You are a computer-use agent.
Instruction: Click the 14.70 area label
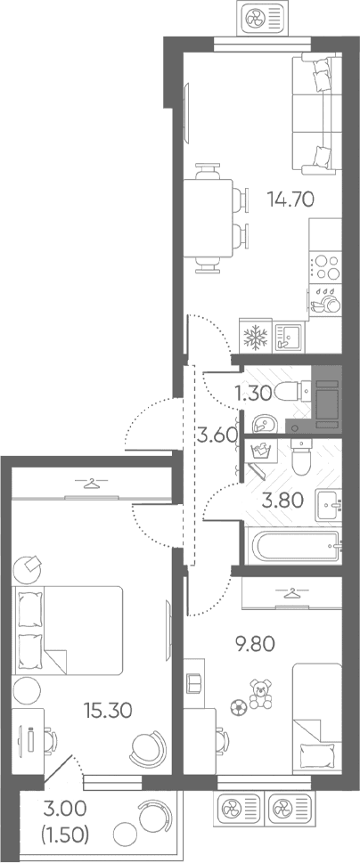(290, 198)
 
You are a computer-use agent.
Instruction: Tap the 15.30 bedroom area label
(108, 711)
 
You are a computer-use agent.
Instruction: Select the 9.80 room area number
(253, 644)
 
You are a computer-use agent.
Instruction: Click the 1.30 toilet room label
(253, 393)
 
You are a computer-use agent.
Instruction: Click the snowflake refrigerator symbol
(255, 337)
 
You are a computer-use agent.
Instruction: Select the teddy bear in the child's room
(260, 694)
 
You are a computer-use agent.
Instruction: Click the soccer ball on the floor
(237, 706)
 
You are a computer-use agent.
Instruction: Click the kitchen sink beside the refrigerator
(287, 336)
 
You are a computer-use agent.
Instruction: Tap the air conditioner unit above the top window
(262, 17)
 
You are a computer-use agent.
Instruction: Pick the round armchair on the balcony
(151, 815)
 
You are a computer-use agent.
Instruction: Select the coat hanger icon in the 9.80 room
(290, 593)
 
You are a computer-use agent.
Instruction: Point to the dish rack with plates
(325, 300)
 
